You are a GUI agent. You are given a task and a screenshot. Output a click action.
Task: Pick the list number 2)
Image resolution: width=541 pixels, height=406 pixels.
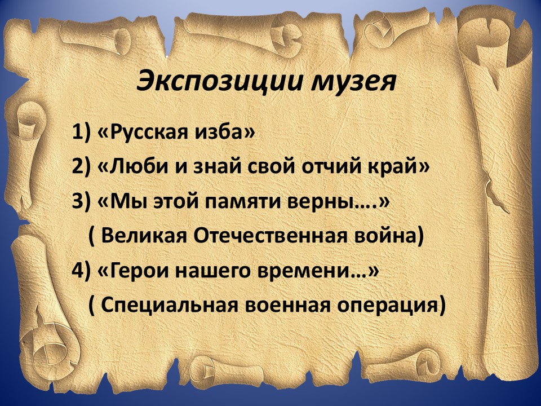(81, 167)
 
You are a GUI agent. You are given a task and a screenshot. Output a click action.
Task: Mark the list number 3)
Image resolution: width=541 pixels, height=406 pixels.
(81, 201)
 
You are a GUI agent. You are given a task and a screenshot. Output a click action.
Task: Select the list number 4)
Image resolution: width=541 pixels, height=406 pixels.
(81, 270)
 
